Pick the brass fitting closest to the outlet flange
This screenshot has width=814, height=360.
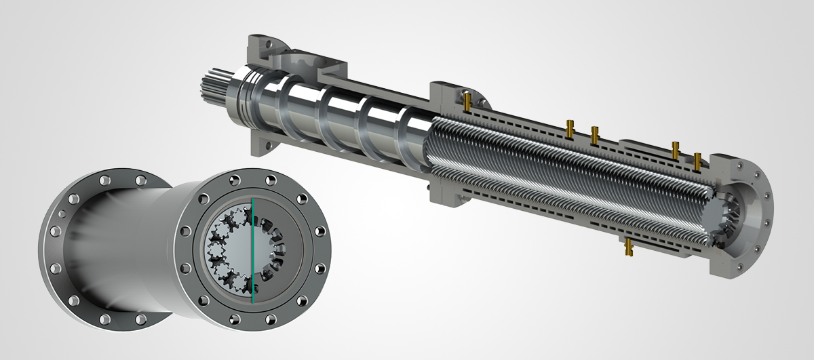click(697, 161)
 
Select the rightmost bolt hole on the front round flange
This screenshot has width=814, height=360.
click(324, 248)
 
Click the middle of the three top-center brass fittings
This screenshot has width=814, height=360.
click(594, 134)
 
